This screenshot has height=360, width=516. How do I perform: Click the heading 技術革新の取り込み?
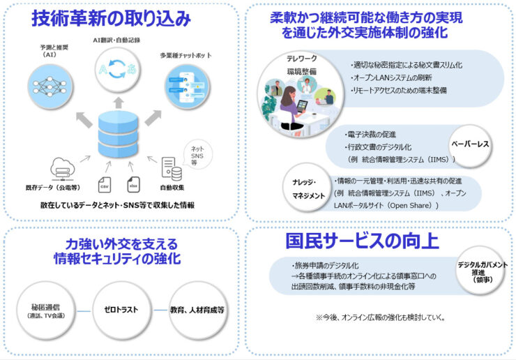tap(111, 19)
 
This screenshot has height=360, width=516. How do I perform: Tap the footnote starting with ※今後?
tap(381, 317)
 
